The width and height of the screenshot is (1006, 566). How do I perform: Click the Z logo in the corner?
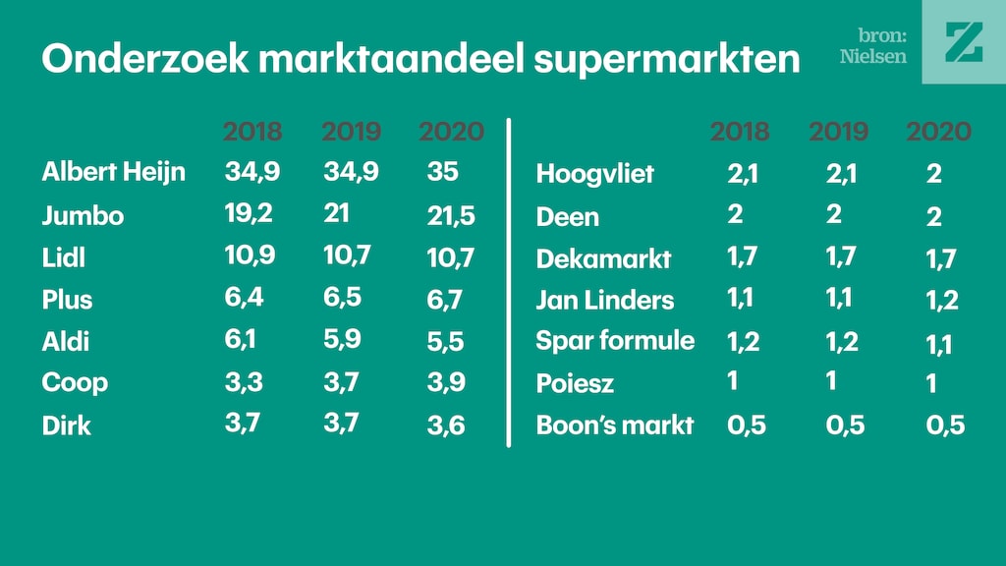(x=964, y=42)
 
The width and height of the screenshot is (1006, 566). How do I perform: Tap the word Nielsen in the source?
(x=872, y=56)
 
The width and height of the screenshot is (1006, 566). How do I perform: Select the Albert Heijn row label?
(x=113, y=173)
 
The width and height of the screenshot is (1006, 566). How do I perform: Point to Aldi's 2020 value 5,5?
(x=445, y=342)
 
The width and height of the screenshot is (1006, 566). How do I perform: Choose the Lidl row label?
(x=64, y=257)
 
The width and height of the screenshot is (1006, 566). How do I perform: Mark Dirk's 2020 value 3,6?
(x=445, y=426)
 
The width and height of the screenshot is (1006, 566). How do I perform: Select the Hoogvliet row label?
(x=594, y=175)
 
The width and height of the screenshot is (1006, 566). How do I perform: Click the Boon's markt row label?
(x=615, y=425)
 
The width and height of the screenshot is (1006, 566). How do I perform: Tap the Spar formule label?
(x=615, y=341)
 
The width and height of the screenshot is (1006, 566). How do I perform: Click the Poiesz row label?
(x=575, y=383)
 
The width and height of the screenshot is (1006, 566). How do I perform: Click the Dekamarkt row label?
(x=603, y=259)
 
